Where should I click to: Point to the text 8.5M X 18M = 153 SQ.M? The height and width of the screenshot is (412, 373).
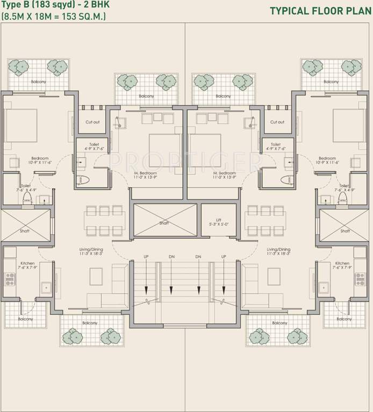[54, 17]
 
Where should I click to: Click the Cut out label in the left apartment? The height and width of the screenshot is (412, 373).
[92, 122]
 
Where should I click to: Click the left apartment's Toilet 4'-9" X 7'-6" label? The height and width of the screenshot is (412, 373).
[90, 147]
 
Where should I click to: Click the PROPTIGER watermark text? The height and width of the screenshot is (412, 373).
[185, 159]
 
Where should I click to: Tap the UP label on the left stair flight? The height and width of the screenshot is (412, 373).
[146, 257]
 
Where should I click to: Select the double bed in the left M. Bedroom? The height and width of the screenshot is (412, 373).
[164, 149]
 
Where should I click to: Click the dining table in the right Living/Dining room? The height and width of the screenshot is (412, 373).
[266, 219]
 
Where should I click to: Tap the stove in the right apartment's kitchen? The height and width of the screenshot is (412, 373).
[360, 279]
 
